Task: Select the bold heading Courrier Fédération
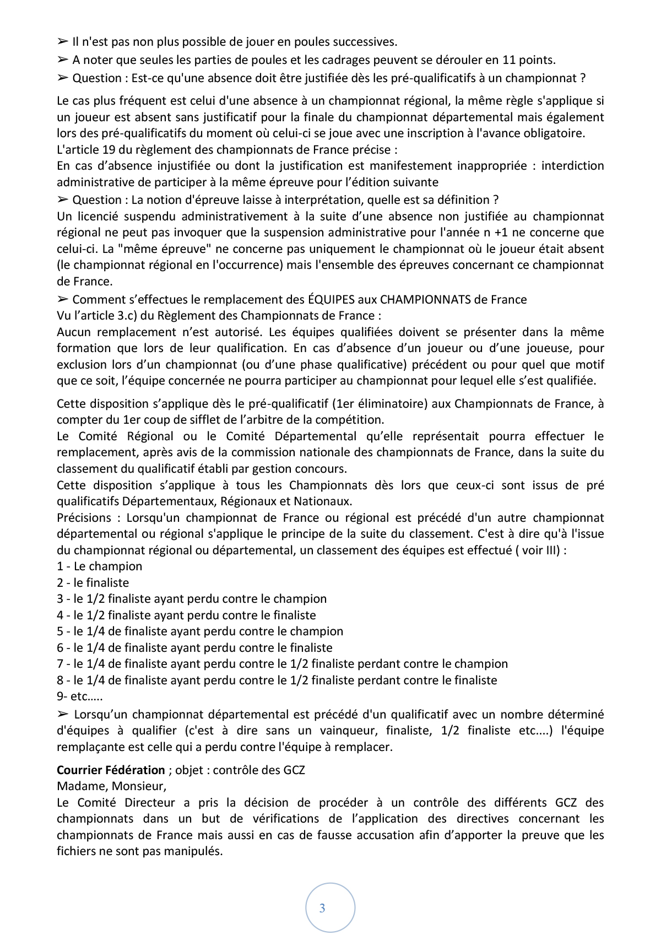click(111, 770)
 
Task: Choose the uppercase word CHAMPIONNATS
click(426, 300)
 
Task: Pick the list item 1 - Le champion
click(99, 566)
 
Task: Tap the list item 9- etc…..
click(79, 696)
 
